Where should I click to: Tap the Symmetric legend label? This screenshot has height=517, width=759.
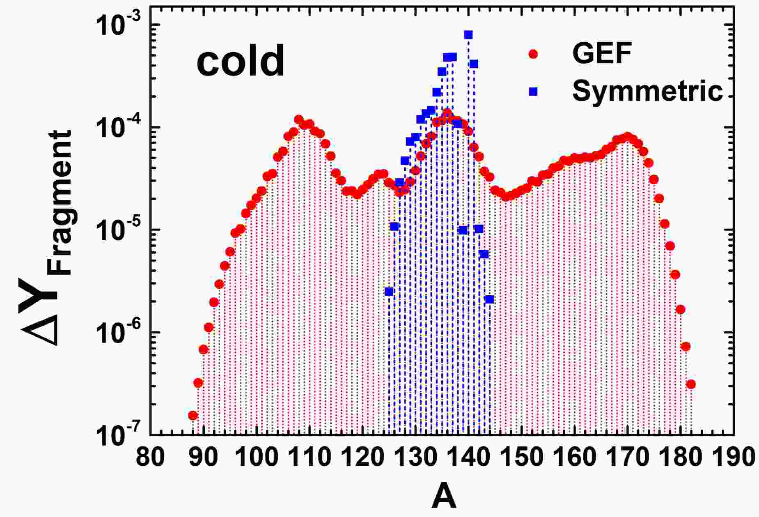(647, 91)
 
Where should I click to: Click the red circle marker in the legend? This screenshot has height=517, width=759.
(533, 54)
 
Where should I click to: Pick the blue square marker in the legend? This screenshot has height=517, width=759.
(533, 92)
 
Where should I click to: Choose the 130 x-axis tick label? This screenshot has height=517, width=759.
(415, 457)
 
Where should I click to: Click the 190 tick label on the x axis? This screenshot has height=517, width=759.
(733, 457)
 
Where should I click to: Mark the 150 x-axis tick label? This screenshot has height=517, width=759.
(521, 457)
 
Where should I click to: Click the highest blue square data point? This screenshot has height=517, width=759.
(468, 34)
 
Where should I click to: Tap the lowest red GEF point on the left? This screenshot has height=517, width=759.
(193, 416)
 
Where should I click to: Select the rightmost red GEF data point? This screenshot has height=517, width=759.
(691, 384)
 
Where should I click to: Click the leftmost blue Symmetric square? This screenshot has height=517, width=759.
(389, 292)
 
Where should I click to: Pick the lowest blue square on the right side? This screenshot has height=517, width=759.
(489, 299)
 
